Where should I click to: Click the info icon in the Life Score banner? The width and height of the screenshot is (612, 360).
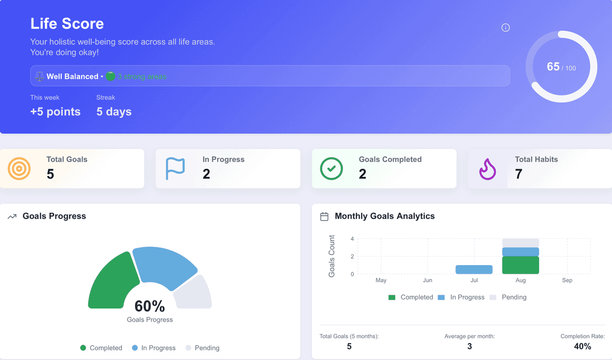click(x=505, y=28)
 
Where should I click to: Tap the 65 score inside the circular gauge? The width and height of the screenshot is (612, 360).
click(x=553, y=67)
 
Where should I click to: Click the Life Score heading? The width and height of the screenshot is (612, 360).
click(x=67, y=23)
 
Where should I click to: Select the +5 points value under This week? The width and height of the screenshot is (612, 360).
click(x=55, y=112)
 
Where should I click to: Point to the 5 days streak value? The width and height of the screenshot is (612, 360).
click(x=114, y=112)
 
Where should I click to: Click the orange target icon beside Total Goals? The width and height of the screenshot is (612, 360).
click(x=19, y=168)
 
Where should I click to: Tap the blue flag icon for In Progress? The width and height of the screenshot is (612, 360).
click(x=175, y=168)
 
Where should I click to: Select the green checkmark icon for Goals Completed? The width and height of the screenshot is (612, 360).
click(x=331, y=168)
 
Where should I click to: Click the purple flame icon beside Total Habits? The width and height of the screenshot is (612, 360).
click(x=488, y=169)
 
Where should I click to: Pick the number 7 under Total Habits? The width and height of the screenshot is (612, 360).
click(x=519, y=174)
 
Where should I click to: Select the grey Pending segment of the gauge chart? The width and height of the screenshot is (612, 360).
click(x=194, y=293)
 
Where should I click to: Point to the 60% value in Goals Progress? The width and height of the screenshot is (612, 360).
click(x=149, y=306)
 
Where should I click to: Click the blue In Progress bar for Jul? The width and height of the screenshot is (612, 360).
click(x=474, y=269)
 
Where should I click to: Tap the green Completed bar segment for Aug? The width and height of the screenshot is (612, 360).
click(x=520, y=265)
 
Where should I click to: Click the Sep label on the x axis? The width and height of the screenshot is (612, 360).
click(x=567, y=280)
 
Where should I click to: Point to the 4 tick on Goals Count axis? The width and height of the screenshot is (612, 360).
click(x=352, y=239)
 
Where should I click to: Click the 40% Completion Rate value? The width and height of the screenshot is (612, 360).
click(x=582, y=346)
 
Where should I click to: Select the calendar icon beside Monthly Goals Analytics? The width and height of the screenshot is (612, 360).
click(x=324, y=216)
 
